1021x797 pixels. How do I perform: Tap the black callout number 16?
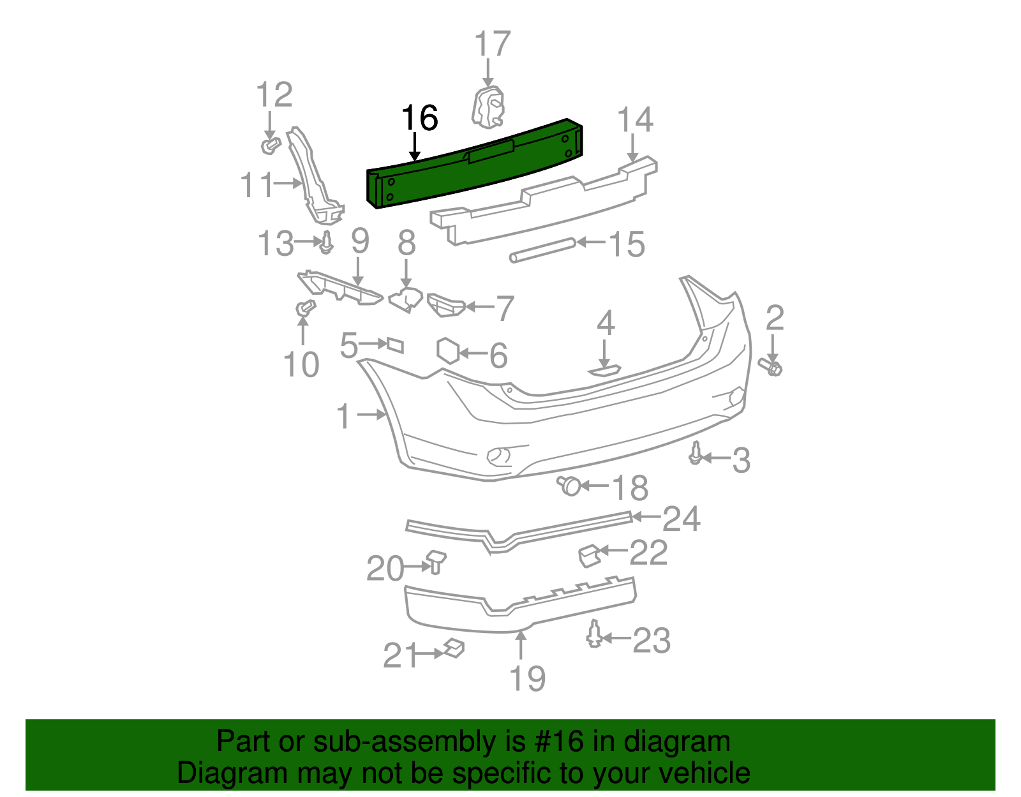click(419, 119)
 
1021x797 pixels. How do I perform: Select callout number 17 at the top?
click(492, 45)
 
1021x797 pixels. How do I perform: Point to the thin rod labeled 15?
click(542, 250)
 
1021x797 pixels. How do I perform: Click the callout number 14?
click(635, 120)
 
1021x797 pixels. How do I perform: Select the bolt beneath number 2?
click(771, 366)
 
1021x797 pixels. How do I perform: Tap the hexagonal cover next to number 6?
click(448, 351)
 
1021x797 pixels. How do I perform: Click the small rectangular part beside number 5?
click(395, 345)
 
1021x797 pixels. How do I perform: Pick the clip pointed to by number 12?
click(270, 145)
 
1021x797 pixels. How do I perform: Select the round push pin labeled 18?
click(569, 486)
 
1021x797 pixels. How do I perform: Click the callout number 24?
click(681, 519)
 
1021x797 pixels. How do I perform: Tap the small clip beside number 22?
click(588, 555)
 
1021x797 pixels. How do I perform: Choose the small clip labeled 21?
click(454, 648)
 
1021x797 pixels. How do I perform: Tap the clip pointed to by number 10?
click(305, 309)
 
